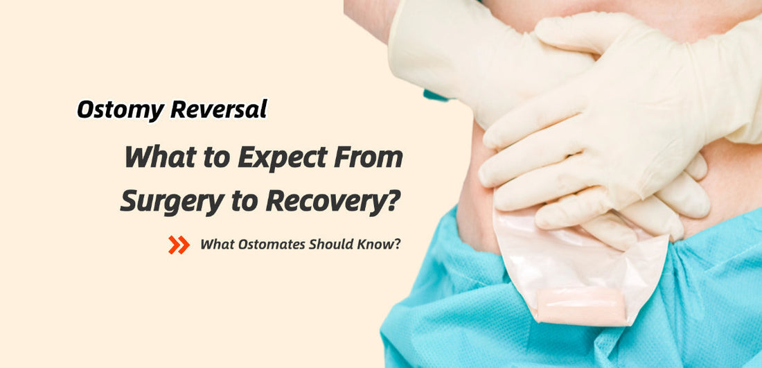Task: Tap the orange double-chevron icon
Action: (179, 245)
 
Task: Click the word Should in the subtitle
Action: (332, 245)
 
